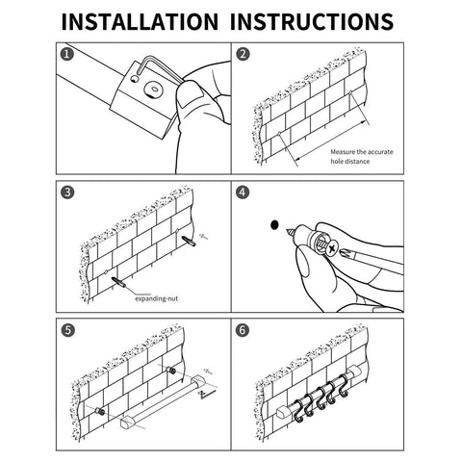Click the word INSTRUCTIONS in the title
point(313,21)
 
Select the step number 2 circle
point(243,55)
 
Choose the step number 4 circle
point(243,192)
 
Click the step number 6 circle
point(243,328)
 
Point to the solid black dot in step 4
point(274,223)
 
